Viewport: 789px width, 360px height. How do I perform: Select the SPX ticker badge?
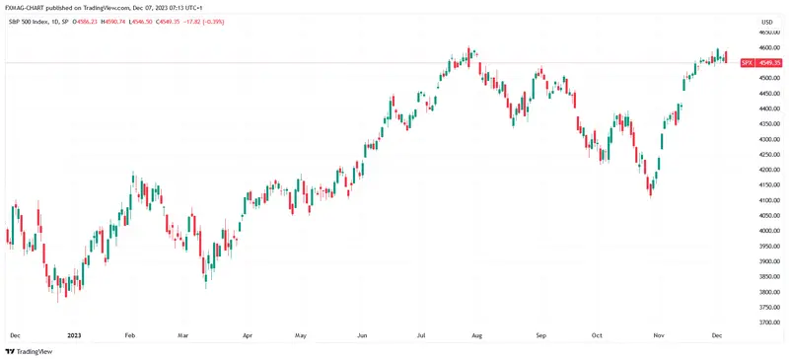click(x=746, y=62)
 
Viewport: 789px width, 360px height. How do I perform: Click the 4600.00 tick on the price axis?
click(x=764, y=47)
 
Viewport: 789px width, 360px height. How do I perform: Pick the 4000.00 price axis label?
click(x=764, y=231)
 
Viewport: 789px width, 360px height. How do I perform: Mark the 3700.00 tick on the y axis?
click(x=764, y=323)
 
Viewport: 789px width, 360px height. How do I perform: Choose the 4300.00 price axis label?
click(x=764, y=139)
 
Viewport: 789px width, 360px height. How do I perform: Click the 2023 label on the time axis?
click(x=74, y=335)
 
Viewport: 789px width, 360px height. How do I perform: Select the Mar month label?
click(x=182, y=335)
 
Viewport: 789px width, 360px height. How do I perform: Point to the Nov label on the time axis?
click(x=659, y=335)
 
